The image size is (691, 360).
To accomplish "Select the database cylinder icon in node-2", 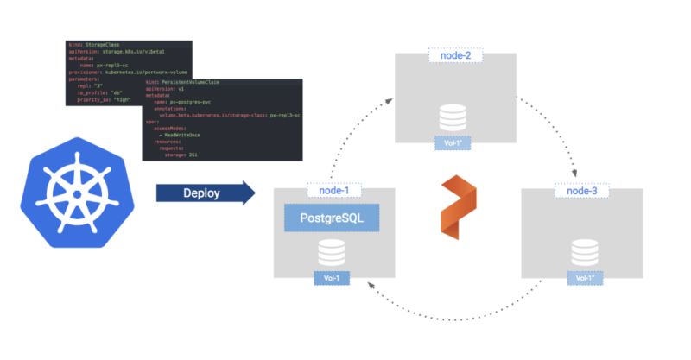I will [454, 116].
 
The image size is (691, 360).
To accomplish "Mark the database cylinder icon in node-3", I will [582, 252].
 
